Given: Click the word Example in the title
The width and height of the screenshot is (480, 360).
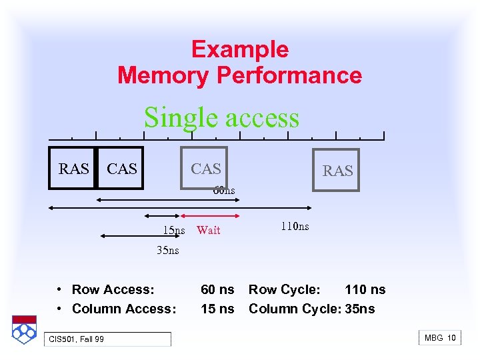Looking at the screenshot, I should click(x=239, y=49).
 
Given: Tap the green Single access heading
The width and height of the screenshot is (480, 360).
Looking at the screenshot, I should click(x=221, y=117).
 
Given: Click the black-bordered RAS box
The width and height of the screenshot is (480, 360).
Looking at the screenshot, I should click(x=73, y=168).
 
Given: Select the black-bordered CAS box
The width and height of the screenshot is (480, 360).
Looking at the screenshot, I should click(x=121, y=168).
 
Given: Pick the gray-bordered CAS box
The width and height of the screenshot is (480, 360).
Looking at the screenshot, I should click(x=205, y=168).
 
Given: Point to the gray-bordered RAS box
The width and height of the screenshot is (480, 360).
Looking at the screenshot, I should click(x=337, y=170).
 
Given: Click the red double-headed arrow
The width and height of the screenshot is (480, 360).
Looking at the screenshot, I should click(x=211, y=216).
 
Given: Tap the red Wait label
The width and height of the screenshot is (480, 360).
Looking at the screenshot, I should click(x=208, y=230).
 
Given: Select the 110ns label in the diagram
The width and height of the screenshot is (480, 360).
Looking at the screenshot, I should click(x=294, y=227).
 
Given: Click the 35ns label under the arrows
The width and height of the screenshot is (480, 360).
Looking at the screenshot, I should click(x=167, y=251).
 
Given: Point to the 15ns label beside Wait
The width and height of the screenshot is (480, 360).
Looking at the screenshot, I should click(x=174, y=231).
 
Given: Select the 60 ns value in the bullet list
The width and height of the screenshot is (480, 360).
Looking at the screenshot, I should click(x=217, y=289).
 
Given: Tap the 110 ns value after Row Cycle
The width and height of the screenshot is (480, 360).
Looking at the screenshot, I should click(x=365, y=289).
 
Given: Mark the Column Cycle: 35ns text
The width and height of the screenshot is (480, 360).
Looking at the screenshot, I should click(x=311, y=309).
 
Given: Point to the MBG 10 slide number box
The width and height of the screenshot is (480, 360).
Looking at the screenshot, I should click(x=440, y=338).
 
